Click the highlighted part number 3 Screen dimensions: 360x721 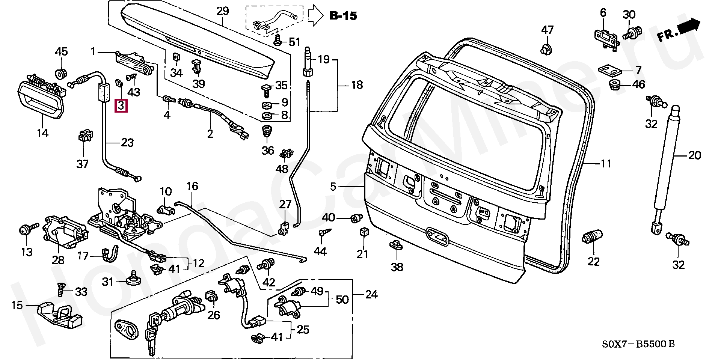(x=121, y=105)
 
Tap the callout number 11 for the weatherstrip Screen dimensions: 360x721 (x=606, y=164)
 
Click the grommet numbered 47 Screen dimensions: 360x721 (x=547, y=48)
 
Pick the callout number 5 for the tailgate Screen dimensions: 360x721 (x=333, y=186)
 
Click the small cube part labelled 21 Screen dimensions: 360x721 (x=363, y=232)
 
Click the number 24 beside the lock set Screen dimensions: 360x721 (x=371, y=295)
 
